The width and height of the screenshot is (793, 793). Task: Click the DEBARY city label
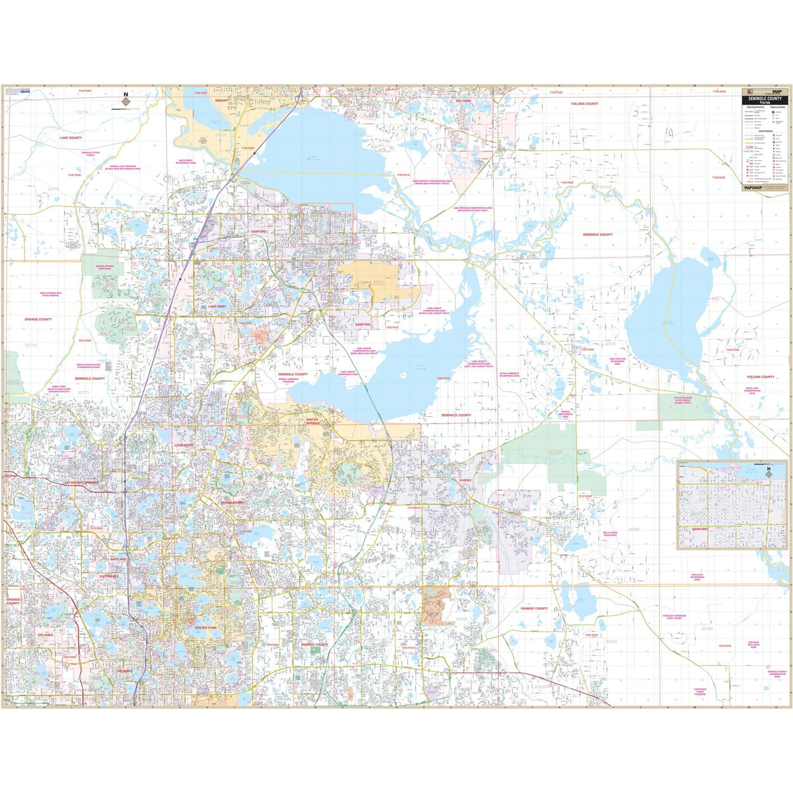point(221,100)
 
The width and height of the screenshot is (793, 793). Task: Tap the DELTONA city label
point(463,101)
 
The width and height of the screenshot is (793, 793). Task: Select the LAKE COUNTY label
point(71,138)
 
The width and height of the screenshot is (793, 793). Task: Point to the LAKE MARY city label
point(217,307)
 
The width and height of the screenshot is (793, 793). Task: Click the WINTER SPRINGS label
point(313,420)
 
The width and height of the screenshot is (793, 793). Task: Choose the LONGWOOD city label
point(183,445)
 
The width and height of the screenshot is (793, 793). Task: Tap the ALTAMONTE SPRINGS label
point(81,483)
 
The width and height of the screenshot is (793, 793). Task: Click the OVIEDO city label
point(460,481)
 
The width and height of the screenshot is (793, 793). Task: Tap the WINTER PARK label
point(196,627)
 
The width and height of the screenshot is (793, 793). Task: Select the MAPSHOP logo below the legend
point(753,187)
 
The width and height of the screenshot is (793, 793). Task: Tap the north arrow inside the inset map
point(769,472)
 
